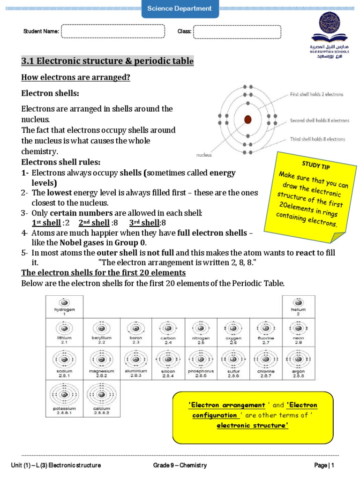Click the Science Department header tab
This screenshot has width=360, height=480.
click(x=180, y=8)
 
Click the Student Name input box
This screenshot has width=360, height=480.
click(x=113, y=31)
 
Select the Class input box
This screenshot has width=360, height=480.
click(x=237, y=31)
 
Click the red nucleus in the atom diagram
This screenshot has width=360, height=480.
click(x=248, y=120)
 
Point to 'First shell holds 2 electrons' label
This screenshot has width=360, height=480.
click(x=316, y=94)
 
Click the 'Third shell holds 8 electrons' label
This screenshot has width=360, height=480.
click(x=317, y=139)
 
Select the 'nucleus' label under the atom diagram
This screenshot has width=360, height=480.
click(x=204, y=154)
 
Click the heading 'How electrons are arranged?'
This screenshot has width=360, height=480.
click(x=75, y=77)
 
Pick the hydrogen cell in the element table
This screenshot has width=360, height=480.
click(x=64, y=306)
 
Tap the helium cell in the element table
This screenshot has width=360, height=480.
click(x=298, y=306)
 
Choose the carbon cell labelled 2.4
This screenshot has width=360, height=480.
click(x=168, y=332)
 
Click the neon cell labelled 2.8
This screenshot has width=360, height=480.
click(x=298, y=332)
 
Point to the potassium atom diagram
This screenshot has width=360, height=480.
click(x=64, y=394)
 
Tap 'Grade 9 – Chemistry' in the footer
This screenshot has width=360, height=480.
click(x=180, y=465)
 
